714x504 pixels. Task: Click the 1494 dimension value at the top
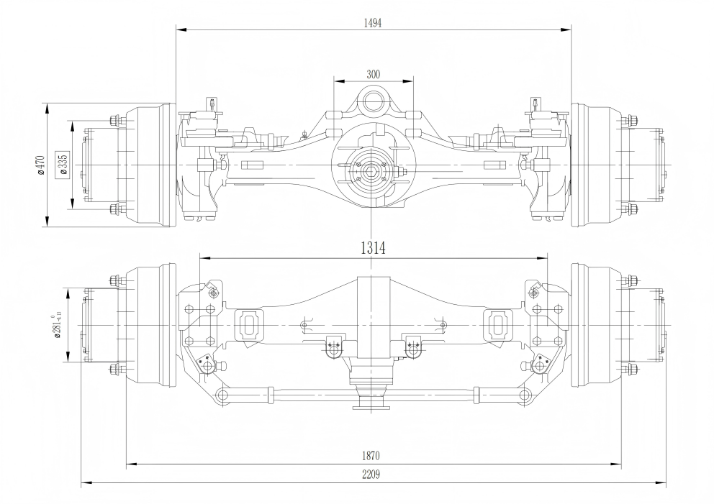point(373,22)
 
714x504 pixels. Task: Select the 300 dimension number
point(373,74)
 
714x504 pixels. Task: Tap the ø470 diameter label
point(41,165)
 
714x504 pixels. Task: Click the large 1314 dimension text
point(373,248)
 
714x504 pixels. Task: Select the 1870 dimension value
point(372,456)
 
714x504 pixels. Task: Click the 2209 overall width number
point(372,475)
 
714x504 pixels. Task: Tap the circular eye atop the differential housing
point(374,98)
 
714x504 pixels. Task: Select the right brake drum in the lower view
point(597,325)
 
